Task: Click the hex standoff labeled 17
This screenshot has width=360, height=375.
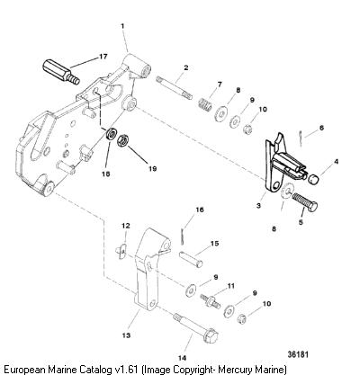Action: click(61, 72)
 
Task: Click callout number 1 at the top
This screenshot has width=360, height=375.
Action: click(122, 26)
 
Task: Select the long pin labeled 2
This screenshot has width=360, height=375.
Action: click(174, 87)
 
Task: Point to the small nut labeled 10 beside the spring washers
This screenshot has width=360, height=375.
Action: click(247, 129)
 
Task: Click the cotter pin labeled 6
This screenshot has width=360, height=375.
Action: click(301, 138)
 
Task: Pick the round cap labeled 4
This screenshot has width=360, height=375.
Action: click(313, 180)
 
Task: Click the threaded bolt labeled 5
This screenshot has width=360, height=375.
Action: click(304, 202)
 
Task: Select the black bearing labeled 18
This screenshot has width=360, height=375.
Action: click(111, 133)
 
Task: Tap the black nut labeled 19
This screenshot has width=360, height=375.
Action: click(123, 141)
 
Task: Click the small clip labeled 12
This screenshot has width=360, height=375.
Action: click(121, 251)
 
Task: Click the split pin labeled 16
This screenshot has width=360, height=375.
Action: click(183, 237)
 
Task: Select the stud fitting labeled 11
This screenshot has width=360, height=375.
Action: click(210, 300)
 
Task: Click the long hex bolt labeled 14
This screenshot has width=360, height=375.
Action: click(195, 327)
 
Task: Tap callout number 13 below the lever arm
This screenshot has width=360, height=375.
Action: click(126, 335)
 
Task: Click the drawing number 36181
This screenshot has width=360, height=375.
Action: click(298, 354)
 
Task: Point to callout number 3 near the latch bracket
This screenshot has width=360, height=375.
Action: click(258, 206)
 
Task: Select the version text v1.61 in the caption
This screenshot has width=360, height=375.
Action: click(126, 369)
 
